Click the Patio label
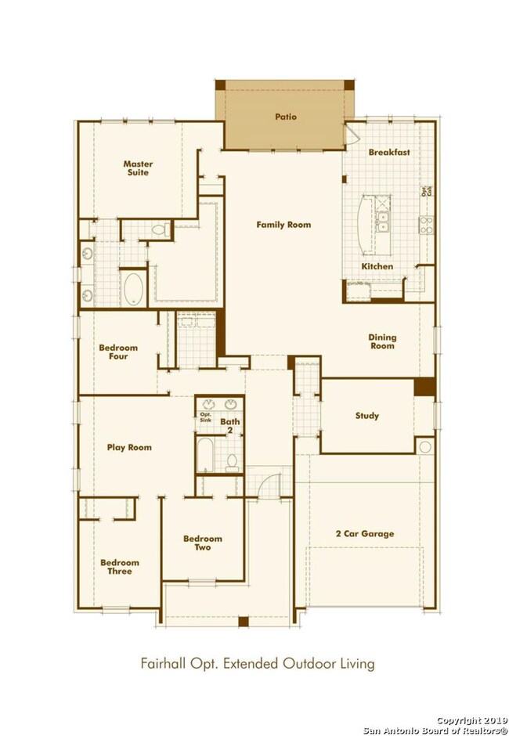click(x=285, y=117)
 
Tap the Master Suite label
click(x=138, y=168)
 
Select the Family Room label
click(x=283, y=225)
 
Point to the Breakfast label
click(x=389, y=153)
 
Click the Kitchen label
click(x=377, y=267)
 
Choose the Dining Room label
click(x=382, y=341)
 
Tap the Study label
click(x=366, y=416)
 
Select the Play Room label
click(x=129, y=448)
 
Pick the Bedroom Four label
click(x=118, y=352)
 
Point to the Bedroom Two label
click(x=203, y=543)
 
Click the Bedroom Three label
click(x=120, y=567)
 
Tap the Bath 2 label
click(x=231, y=426)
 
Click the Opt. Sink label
click(x=206, y=417)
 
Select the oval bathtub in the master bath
click(x=133, y=287)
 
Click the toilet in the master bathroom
click(x=160, y=230)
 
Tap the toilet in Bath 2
click(x=233, y=463)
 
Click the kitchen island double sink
click(x=383, y=222)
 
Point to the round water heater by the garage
click(x=425, y=446)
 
